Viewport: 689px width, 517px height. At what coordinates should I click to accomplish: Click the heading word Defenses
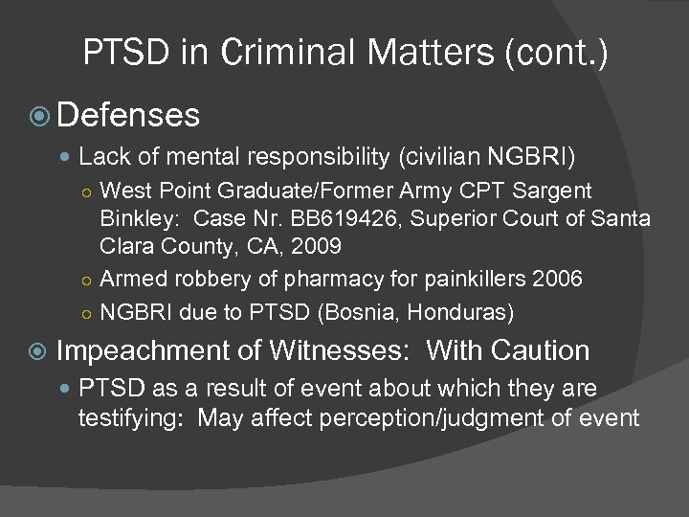click(x=128, y=116)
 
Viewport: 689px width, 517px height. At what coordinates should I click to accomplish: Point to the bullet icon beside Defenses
click(x=39, y=117)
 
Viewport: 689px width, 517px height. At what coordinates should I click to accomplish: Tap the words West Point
click(x=148, y=191)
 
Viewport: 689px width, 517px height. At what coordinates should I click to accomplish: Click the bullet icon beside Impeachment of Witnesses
click(x=39, y=351)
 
